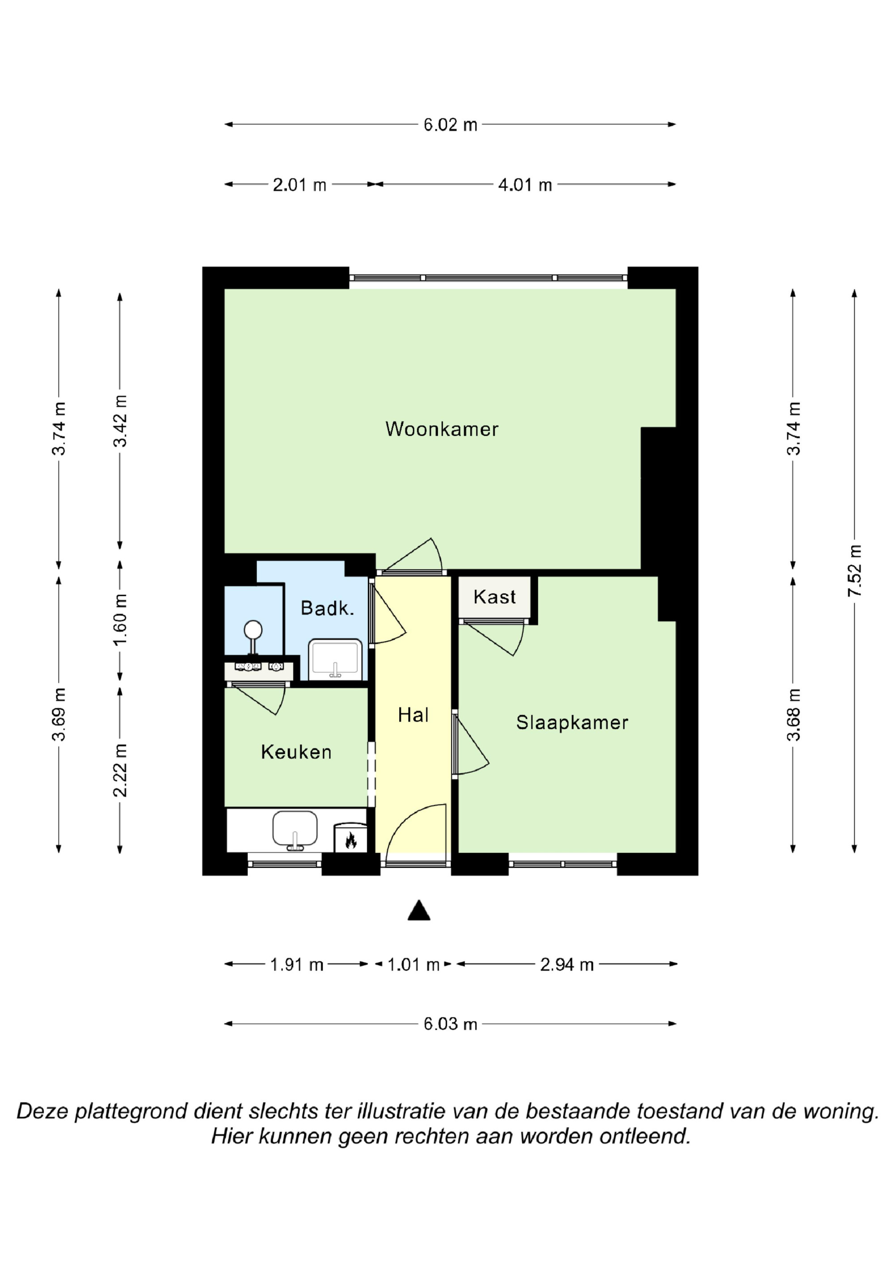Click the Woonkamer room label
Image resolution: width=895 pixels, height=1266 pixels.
point(442,429)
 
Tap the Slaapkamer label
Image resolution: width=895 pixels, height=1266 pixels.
point(572,722)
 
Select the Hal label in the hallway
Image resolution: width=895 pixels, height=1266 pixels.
point(413,715)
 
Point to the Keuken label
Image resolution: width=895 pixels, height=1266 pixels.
point(296,752)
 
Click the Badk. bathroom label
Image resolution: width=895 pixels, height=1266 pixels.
point(327,608)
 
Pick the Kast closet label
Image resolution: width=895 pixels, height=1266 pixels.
point(494,597)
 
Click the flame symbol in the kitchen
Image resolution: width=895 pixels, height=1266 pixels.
point(350,840)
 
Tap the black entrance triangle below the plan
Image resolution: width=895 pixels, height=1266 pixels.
point(418,911)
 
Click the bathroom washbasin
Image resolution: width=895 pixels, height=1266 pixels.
point(335,660)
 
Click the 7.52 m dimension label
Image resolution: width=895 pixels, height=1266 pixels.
point(855,571)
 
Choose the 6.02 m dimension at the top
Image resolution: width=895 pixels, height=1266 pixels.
point(450,124)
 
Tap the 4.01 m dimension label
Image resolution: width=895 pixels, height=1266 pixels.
point(525,185)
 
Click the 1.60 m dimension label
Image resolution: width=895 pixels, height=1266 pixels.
point(120,619)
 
